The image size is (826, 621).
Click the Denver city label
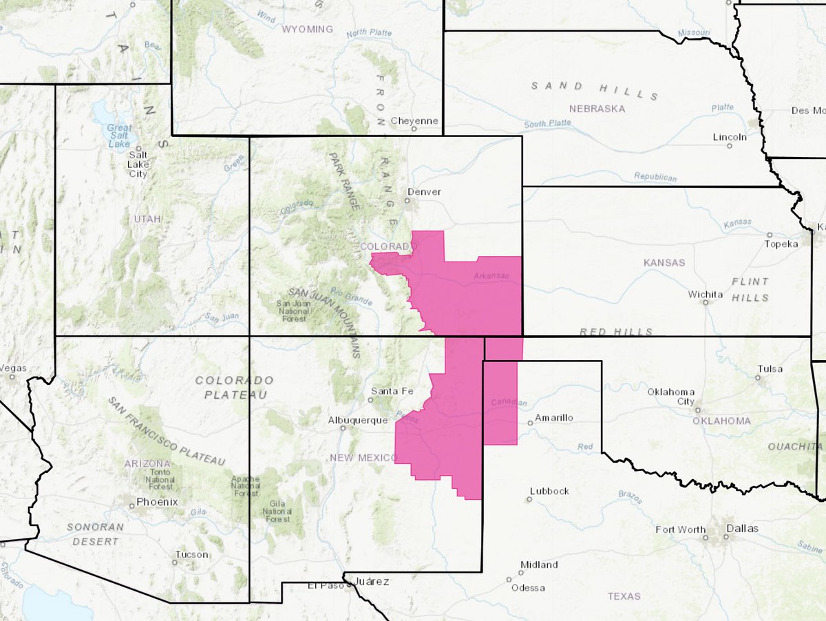point(424,192)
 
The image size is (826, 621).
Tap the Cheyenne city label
point(414,121)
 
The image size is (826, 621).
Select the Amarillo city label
point(555,417)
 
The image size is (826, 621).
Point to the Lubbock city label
point(549,491)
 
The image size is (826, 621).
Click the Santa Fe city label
point(392,391)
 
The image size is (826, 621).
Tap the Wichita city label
point(706,295)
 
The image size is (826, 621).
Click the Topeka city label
point(783,244)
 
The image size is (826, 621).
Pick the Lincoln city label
point(730,137)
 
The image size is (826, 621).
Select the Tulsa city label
point(770,369)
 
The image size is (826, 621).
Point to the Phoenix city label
point(157,502)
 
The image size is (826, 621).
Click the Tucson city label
point(191,554)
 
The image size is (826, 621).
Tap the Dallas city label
point(741,529)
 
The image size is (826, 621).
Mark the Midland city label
point(539,565)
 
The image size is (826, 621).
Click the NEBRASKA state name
point(597,109)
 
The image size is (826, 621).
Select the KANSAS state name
point(664,262)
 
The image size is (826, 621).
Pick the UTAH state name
point(148,219)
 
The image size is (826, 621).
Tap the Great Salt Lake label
point(119,135)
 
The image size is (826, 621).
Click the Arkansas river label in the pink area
point(490,276)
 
